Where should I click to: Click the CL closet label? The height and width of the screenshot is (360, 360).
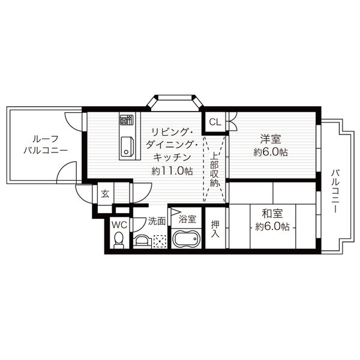click(215, 122)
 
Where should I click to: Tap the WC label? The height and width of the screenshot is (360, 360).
click(119, 225)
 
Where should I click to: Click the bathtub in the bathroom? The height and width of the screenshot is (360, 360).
click(186, 239)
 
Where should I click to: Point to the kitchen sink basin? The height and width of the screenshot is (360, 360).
click(127, 146)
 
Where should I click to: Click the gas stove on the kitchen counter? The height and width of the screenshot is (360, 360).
click(127, 119)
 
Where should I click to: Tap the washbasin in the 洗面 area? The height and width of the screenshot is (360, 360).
click(142, 241)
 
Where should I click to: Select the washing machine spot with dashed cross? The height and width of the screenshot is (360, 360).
click(160, 241)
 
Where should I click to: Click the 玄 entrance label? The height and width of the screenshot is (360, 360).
click(105, 194)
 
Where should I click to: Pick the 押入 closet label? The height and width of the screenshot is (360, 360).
click(215, 229)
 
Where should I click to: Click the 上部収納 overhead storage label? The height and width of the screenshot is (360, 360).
click(214, 170)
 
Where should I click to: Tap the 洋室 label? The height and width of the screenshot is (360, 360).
click(271, 139)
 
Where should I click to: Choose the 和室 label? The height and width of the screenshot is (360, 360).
click(272, 214)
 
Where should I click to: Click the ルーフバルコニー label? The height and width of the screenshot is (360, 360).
click(46, 145)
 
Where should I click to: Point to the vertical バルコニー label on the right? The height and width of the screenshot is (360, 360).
click(335, 191)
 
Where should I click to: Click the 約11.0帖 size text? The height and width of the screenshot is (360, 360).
click(172, 171)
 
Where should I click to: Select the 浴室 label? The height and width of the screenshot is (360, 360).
click(187, 219)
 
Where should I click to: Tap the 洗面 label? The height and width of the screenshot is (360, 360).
click(157, 221)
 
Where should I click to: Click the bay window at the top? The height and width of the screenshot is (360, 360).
click(175, 100)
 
